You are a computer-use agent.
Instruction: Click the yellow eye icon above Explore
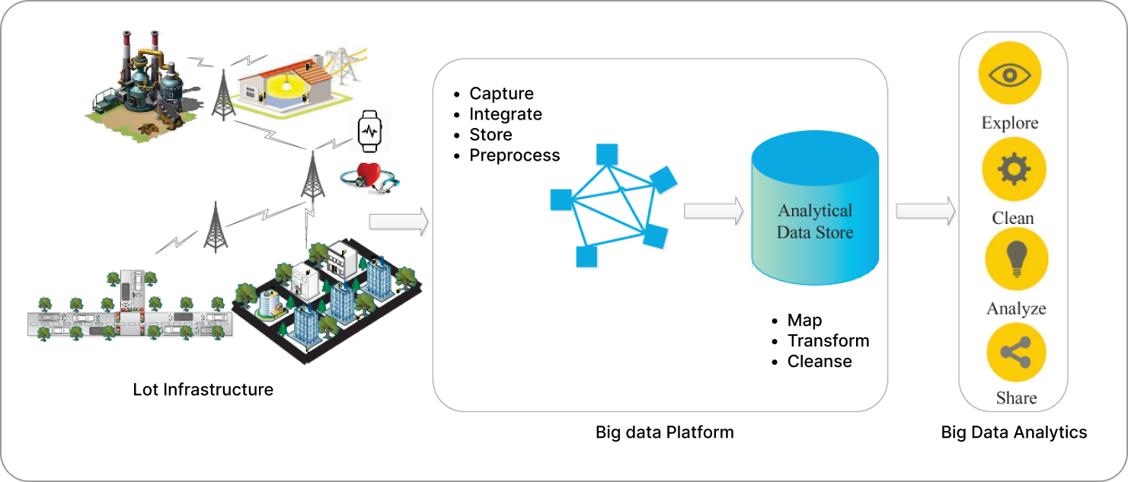tap(1010, 74)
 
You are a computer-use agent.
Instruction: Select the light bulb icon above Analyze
tap(1016, 259)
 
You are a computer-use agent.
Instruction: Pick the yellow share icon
tap(1016, 353)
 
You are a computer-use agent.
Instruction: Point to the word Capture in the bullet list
tap(501, 94)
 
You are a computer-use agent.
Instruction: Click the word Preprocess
tap(514, 155)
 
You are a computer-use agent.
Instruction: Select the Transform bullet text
tap(828, 340)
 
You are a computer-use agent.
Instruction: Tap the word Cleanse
tap(820, 361)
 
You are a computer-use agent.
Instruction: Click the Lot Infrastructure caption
tap(203, 389)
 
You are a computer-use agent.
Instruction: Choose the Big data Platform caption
tap(664, 433)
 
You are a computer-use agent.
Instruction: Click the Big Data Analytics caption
tap(1014, 433)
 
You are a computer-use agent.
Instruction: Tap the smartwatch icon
tap(369, 130)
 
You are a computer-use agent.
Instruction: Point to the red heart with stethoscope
tap(369, 176)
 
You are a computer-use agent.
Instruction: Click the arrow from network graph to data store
tap(713, 211)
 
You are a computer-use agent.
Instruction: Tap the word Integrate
tap(506, 114)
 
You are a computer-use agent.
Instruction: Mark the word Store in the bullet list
tap(491, 135)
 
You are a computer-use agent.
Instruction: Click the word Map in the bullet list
tap(804, 320)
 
